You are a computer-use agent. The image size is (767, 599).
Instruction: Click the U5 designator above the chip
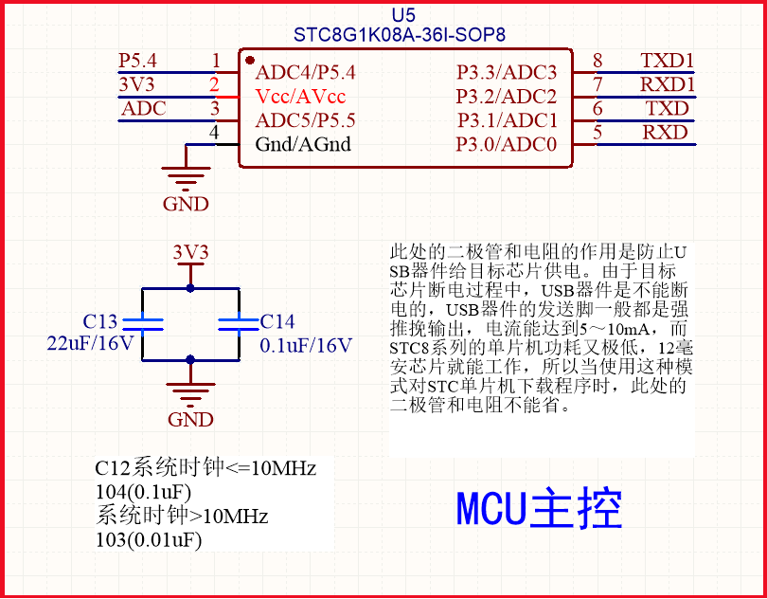click(x=403, y=15)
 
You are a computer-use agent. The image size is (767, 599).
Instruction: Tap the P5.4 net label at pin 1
click(x=137, y=61)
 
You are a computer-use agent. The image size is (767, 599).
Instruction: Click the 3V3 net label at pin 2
click(x=136, y=84)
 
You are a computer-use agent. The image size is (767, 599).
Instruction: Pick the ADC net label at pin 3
click(x=144, y=108)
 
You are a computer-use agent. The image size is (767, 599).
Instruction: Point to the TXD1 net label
click(x=668, y=61)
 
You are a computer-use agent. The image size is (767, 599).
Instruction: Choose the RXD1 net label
click(x=668, y=84)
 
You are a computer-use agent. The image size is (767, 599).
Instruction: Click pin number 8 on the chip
click(x=598, y=61)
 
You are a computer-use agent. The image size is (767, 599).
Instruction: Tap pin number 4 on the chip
click(x=214, y=133)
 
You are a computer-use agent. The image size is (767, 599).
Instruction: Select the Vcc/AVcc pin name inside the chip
click(x=301, y=97)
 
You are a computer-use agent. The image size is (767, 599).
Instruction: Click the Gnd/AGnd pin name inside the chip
click(x=303, y=144)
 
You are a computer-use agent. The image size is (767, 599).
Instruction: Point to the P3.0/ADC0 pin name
click(x=507, y=144)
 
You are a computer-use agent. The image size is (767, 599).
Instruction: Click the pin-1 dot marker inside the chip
click(x=249, y=60)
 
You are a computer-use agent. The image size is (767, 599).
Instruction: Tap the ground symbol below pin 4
click(x=186, y=177)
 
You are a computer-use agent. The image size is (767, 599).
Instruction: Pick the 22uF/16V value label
click(x=91, y=344)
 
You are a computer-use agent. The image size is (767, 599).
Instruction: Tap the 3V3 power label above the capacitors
click(x=190, y=252)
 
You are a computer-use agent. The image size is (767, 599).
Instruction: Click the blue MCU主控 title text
click(x=540, y=509)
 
